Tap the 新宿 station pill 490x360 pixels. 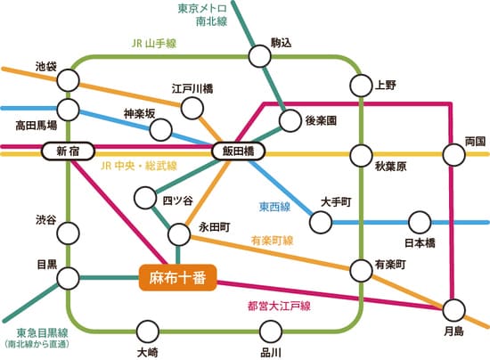point(68,151)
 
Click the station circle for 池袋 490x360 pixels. point(68,81)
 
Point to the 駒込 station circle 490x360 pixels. point(259,56)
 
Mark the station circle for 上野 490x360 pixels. point(360,86)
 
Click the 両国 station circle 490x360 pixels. point(453,155)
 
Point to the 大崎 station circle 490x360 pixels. point(148,331)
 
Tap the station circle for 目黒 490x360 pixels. point(68,279)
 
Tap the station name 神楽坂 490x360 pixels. point(140,113)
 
